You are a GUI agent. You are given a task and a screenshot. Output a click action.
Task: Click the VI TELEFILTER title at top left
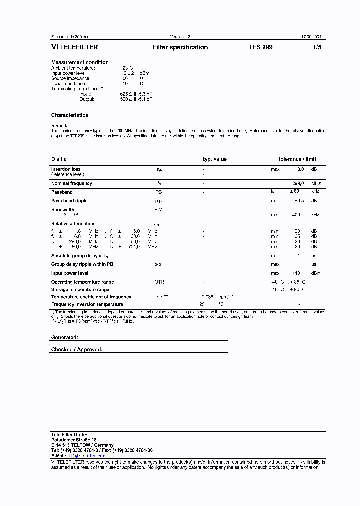74,47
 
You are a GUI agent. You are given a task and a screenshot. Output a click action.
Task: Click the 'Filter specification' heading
180,47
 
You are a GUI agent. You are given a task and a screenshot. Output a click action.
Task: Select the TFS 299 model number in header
260,47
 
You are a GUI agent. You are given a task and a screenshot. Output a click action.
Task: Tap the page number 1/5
317,47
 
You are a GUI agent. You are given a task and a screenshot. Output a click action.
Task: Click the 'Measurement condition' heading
80,62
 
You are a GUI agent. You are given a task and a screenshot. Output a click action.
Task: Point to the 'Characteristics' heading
69,115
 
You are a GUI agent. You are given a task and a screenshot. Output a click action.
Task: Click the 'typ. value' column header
214,159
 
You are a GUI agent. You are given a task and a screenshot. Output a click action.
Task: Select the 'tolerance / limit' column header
297,159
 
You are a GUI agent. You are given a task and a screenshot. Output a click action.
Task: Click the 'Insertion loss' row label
66,169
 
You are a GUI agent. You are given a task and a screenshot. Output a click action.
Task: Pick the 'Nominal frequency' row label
71,183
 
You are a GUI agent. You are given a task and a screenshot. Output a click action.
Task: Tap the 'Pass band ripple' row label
69,201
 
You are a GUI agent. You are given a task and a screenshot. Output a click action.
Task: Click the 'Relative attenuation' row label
73,224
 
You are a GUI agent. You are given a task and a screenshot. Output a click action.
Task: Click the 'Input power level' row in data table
70,273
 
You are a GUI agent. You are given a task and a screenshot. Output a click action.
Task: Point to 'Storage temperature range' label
80,290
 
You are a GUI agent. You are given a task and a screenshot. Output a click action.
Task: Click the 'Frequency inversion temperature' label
87,304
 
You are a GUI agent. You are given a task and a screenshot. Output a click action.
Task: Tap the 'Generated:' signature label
64,338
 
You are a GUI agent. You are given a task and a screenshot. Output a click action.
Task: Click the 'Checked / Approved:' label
76,350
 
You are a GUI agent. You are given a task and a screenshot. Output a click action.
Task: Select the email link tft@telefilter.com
86,456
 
